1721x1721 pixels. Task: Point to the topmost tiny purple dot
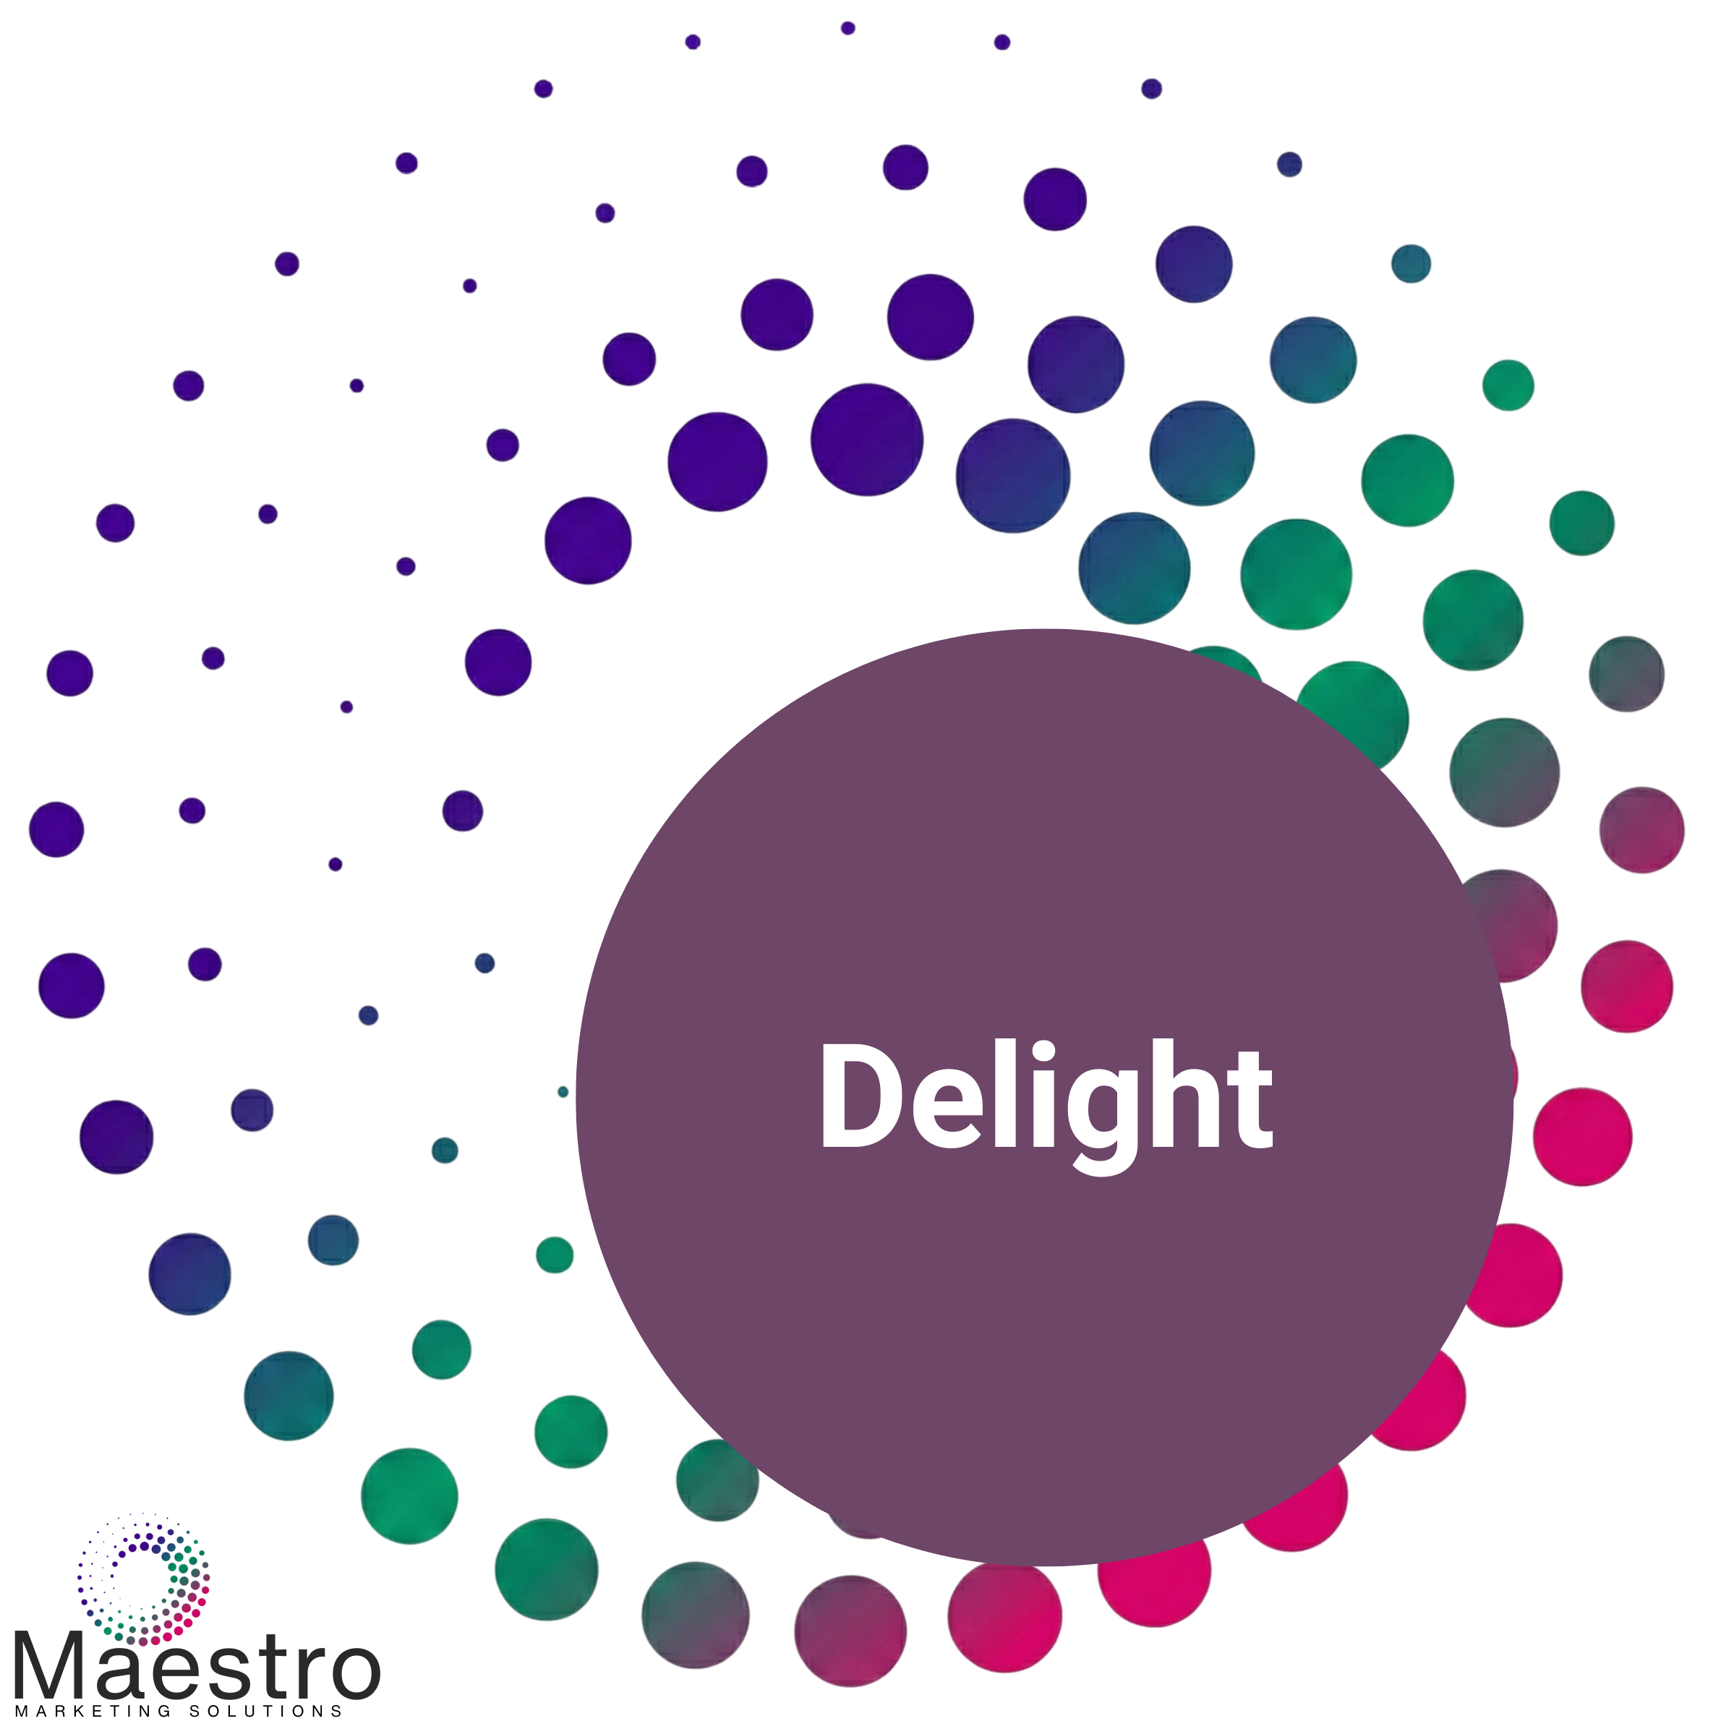847,28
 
